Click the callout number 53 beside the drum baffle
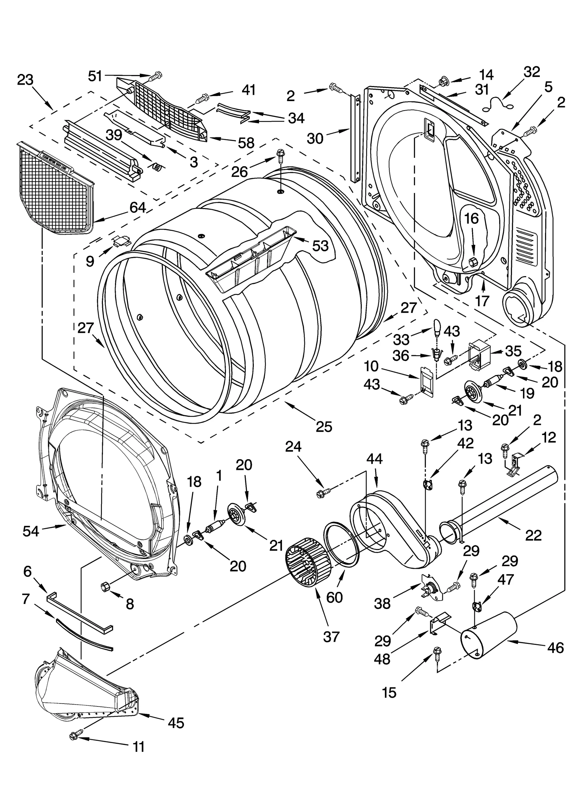tap(320, 246)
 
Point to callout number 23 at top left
tap(25, 80)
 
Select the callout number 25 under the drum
tap(324, 426)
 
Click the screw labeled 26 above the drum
tap(280, 154)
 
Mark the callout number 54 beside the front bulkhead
tap(30, 531)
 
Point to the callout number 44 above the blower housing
tap(374, 459)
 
